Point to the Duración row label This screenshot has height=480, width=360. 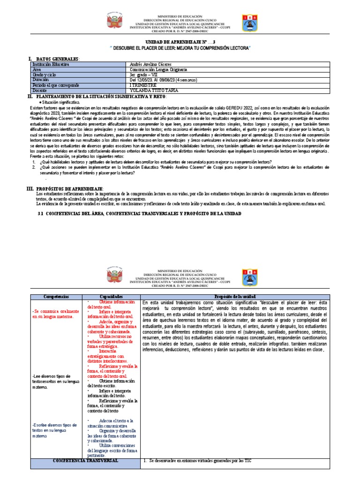coord(42,80)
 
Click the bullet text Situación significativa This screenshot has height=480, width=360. coord(62,102)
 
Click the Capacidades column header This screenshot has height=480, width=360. coord(112,297)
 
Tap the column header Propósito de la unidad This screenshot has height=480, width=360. coord(235,297)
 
